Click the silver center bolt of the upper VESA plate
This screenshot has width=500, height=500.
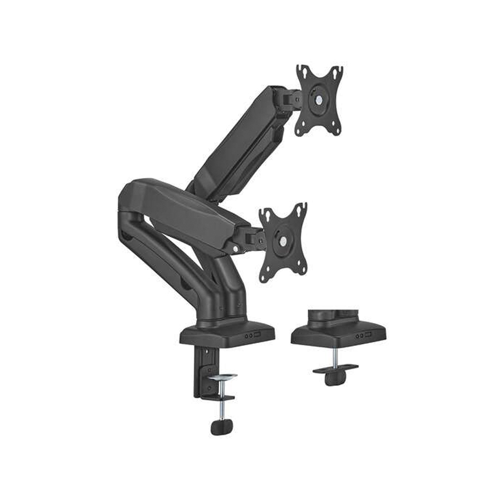[319, 100]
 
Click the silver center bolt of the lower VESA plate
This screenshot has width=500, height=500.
[283, 241]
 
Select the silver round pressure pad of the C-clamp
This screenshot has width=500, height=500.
[222, 377]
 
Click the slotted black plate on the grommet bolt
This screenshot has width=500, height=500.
[335, 368]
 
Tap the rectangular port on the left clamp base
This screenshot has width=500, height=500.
[258, 334]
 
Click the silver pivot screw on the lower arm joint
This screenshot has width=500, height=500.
[236, 249]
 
